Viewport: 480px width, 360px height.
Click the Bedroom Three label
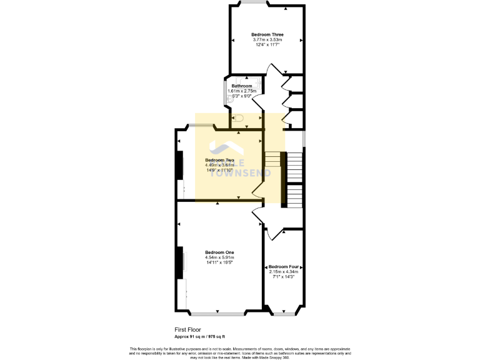267,34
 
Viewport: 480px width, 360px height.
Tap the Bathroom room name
242,86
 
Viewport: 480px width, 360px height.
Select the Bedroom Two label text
219,160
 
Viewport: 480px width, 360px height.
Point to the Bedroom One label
219,252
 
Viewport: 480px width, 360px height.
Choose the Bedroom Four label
284,266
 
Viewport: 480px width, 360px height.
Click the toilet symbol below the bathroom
237,117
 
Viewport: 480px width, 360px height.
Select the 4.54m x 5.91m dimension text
219,257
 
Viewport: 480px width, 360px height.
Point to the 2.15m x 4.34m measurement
284,271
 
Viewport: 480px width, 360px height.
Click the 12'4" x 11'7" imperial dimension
267,45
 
